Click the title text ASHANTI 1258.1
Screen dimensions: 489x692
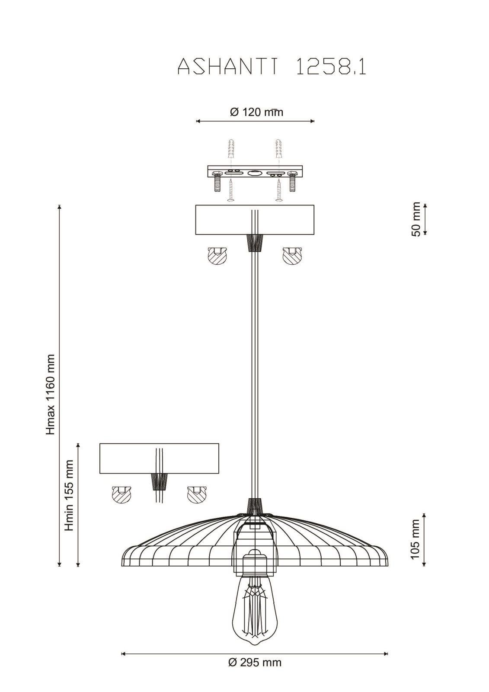[x=272, y=67]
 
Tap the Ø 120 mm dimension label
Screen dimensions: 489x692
[x=256, y=112]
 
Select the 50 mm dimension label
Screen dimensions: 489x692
[x=416, y=219]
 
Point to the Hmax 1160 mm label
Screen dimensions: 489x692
[x=50, y=394]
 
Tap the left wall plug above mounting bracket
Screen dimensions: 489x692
[x=231, y=148]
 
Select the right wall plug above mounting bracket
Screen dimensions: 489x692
[x=278, y=148]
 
